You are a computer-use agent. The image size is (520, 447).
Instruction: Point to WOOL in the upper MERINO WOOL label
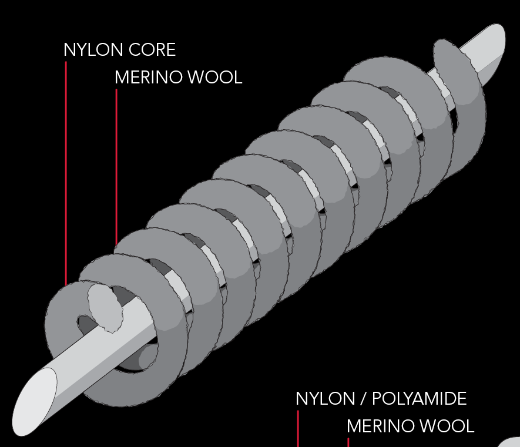219,78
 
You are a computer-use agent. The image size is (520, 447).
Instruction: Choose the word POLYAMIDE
420,399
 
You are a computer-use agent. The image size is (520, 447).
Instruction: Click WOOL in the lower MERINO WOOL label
451,426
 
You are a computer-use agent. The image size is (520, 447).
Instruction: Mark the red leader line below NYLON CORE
66,176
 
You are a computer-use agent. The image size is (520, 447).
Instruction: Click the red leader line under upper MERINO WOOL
116,164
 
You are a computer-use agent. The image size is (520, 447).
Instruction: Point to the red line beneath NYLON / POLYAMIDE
298,429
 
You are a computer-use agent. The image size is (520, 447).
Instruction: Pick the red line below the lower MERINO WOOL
348,442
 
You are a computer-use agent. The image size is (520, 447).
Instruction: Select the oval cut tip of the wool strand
105,308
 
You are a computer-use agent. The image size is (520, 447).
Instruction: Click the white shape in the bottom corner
511,442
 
